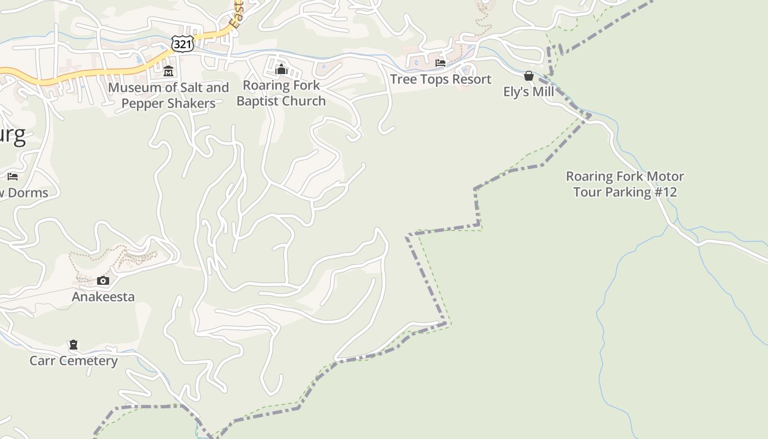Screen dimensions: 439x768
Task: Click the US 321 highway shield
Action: point(182,44)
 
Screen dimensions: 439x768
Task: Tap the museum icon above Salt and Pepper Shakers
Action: point(168,71)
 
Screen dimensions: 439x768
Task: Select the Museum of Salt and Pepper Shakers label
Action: point(168,95)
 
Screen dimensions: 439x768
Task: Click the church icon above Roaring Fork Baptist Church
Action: point(281,69)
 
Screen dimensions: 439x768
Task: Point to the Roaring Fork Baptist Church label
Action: point(281,93)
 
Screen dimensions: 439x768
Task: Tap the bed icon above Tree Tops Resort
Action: point(441,64)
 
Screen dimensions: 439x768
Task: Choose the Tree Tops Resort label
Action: point(441,80)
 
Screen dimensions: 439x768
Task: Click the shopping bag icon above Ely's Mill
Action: point(529,76)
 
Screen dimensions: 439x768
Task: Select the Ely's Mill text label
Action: point(529,92)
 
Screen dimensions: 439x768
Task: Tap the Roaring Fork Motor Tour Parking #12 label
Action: point(625,184)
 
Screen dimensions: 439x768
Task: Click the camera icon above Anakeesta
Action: point(103,281)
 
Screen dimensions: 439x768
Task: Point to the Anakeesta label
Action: point(103,297)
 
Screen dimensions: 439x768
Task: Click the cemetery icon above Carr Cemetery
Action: point(74,345)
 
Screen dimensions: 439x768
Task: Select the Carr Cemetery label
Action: point(74,361)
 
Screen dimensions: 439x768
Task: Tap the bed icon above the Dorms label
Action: point(13,177)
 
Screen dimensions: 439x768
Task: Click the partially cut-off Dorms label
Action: point(25,193)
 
